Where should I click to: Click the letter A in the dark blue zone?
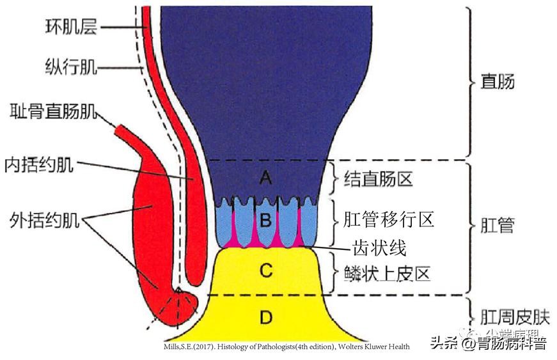pos(266,179)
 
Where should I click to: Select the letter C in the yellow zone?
pos(266,271)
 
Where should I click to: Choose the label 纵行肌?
pos(71,66)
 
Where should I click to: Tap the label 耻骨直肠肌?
pos(54,113)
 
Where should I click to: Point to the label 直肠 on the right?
pos(497,82)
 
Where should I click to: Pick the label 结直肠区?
pos(379,178)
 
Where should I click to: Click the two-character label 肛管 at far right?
pos(497,225)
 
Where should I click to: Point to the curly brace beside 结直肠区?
pos(333,179)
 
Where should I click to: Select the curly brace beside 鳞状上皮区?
pos(333,273)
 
